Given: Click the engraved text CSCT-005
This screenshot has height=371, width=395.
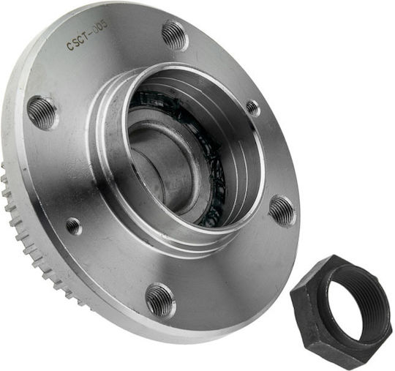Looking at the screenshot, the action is click(87, 35).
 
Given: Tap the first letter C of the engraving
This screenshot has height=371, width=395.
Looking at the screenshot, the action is click(69, 46).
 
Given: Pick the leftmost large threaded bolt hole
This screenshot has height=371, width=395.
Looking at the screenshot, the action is click(42, 113).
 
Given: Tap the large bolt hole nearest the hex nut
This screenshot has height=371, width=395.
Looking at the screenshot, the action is click(282, 211).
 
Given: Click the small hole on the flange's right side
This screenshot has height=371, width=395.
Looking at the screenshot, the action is click(253, 108).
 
